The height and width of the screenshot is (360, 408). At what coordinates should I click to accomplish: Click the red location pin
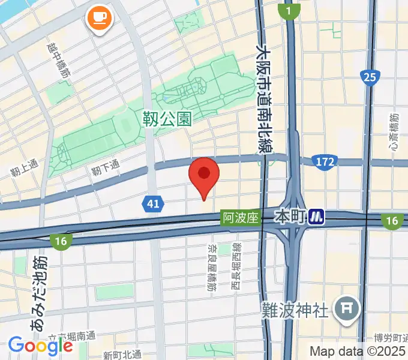(204, 175)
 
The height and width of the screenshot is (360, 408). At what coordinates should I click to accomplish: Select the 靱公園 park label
(167, 119)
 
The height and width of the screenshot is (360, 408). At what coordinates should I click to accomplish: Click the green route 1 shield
(289, 10)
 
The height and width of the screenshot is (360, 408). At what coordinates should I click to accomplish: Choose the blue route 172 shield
(323, 161)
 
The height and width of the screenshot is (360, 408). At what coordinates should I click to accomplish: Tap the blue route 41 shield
(154, 205)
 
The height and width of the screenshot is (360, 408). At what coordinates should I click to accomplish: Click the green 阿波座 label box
(240, 218)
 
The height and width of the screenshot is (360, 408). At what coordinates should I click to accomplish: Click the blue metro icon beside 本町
(317, 216)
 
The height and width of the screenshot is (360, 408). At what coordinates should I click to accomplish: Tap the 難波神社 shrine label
(295, 310)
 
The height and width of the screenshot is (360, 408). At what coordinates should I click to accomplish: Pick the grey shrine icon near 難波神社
(347, 308)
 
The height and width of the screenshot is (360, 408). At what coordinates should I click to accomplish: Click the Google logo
(40, 345)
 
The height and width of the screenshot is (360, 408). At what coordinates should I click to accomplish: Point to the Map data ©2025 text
(358, 351)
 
